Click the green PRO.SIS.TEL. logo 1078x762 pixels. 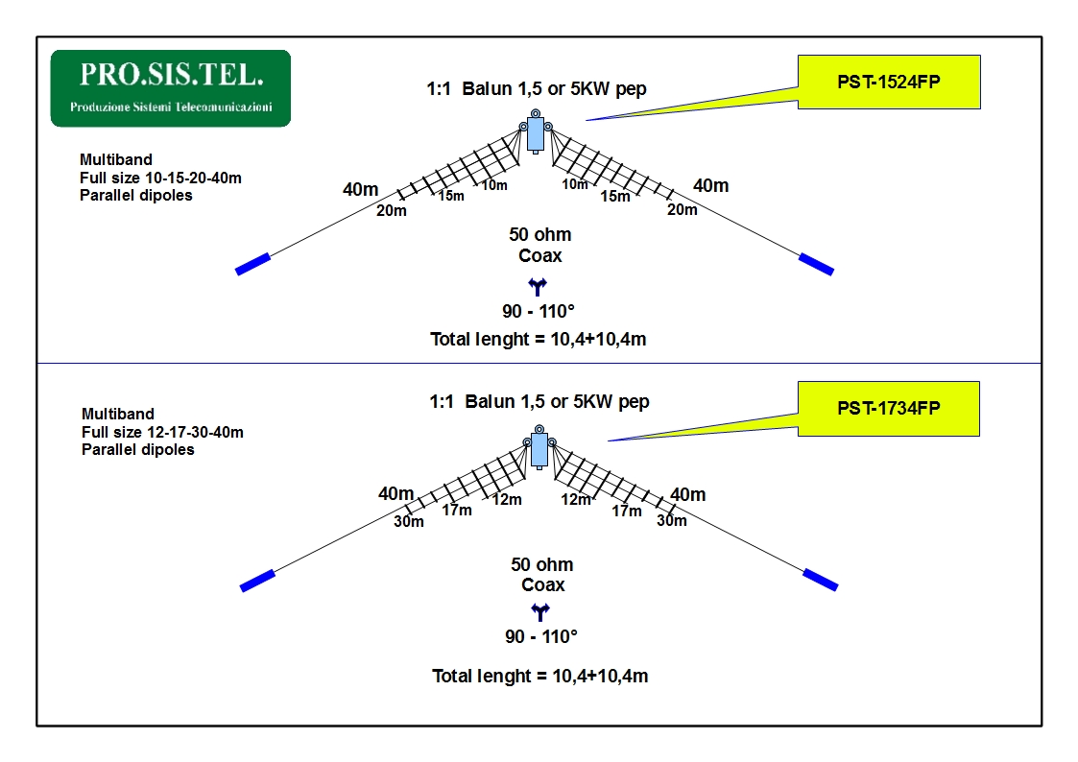click(171, 88)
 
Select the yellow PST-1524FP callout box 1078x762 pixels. click(889, 82)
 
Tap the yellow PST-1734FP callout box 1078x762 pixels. click(888, 408)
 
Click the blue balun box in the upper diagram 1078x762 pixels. click(536, 134)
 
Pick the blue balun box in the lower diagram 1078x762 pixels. click(539, 449)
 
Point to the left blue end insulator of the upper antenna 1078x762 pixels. click(253, 265)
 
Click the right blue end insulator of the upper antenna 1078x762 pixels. click(816, 265)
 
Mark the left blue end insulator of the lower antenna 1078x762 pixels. click(257, 581)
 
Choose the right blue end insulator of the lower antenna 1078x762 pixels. click(821, 580)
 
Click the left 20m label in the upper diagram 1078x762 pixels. click(392, 211)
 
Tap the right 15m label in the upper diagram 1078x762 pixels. click(614, 197)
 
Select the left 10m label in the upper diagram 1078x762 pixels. click(494, 185)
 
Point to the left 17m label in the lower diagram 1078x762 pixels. click(457, 510)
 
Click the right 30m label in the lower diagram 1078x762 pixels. click(672, 521)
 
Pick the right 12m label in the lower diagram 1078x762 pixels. click(575, 500)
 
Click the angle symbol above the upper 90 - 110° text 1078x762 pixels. click(538, 287)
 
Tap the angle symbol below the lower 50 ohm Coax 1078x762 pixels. click(540, 611)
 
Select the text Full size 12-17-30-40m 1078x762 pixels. click(162, 432)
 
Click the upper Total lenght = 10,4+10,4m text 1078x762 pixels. click(539, 340)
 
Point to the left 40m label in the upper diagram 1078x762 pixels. click(361, 189)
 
